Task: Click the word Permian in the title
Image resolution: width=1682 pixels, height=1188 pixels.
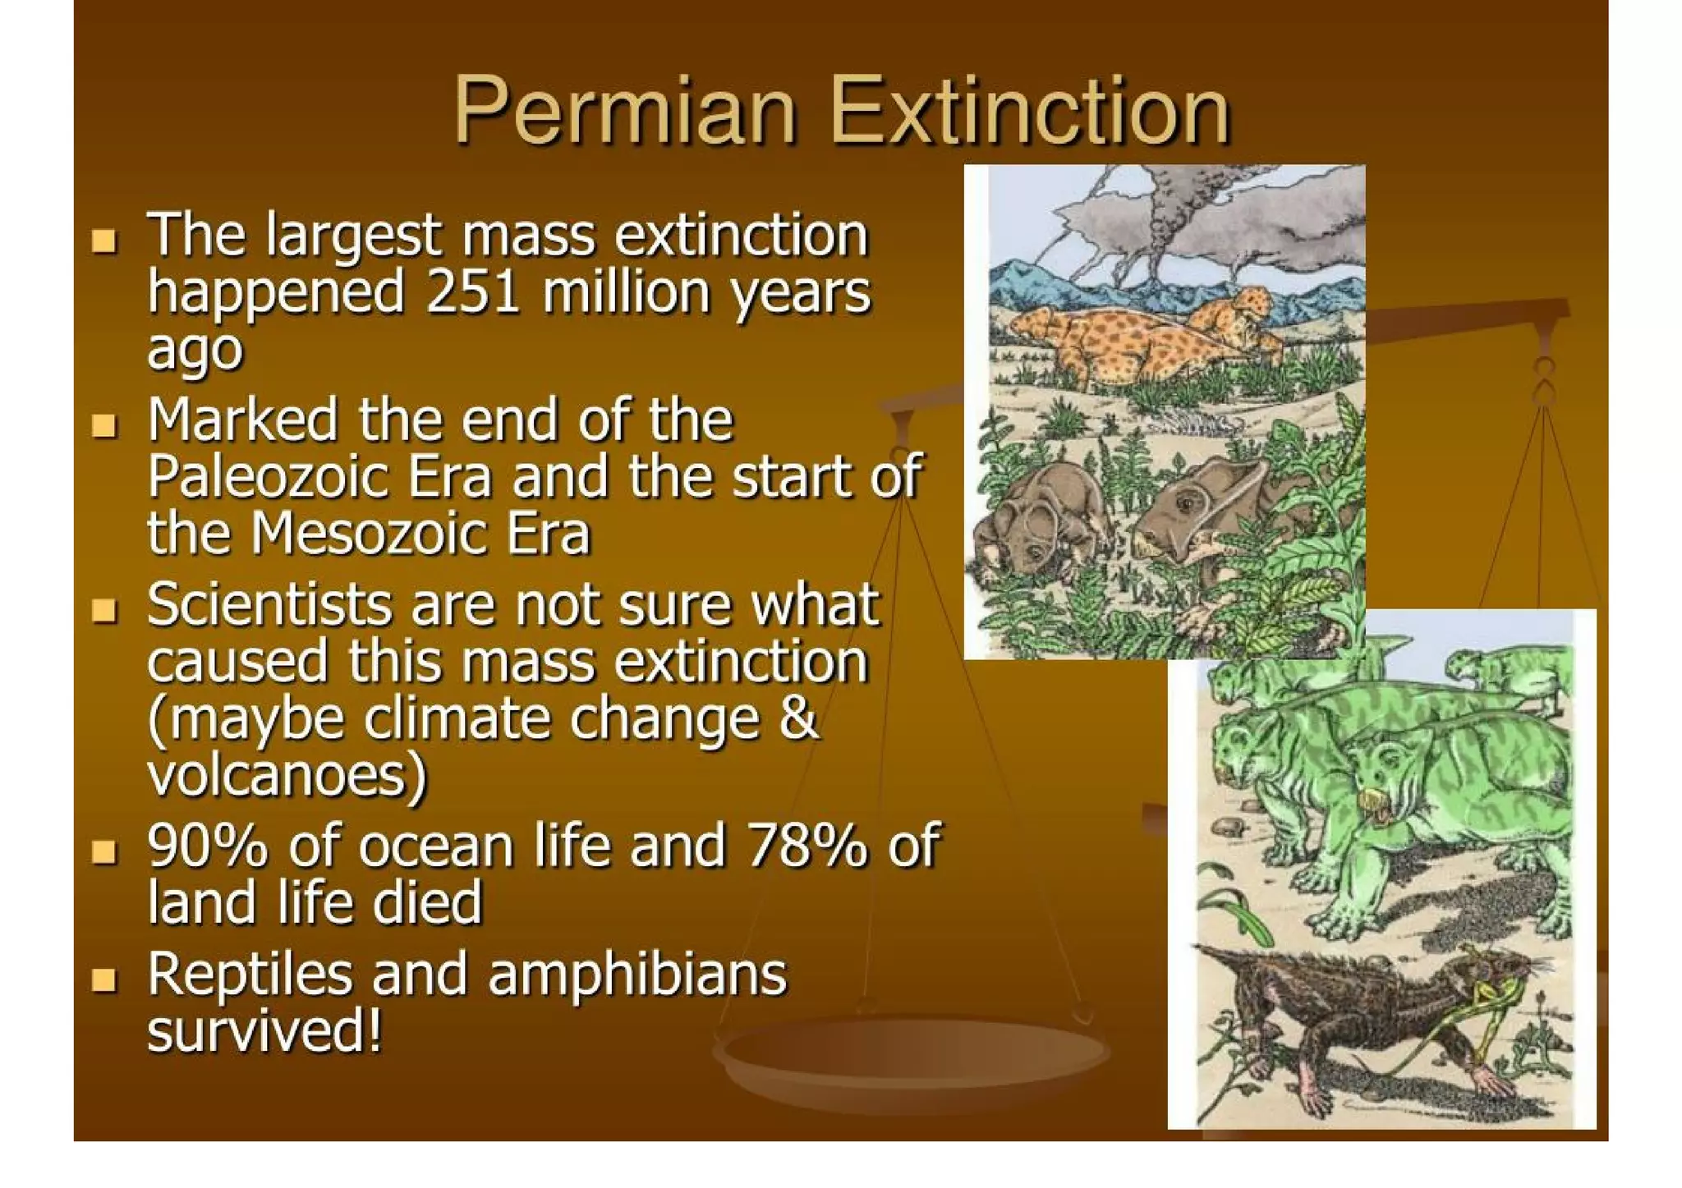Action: coord(625,111)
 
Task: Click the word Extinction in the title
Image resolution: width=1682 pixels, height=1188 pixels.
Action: coord(1030,111)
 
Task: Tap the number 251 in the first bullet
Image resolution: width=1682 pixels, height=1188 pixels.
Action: coord(473,292)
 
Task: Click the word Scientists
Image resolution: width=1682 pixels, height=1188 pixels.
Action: coord(270,604)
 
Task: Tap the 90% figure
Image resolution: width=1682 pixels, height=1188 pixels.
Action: coord(207,846)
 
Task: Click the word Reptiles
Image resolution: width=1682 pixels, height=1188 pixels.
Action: coord(250,975)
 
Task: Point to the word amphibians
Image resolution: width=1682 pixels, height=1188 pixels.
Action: coord(636,975)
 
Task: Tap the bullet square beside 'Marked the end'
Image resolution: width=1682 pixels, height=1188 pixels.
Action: coord(104,425)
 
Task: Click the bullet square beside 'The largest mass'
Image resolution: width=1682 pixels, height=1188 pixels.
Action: coord(104,241)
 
